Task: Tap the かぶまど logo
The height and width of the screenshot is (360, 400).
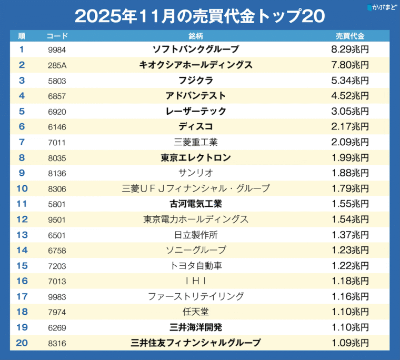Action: (382, 8)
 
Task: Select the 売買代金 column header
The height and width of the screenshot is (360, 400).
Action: (350, 36)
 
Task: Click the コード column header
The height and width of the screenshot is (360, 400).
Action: (56, 36)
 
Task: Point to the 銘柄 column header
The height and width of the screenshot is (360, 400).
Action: (196, 36)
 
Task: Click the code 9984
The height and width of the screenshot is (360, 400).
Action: (56, 50)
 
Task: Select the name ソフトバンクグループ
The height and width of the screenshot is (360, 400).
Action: (196, 50)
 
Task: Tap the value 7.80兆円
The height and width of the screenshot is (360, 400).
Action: (350, 65)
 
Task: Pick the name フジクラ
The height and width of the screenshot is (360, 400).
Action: (196, 81)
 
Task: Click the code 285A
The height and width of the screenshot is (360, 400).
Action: (56, 65)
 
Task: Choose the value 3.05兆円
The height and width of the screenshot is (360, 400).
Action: (350, 111)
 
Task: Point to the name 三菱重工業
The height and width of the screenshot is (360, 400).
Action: (196, 142)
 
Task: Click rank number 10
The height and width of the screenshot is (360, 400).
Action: (22, 188)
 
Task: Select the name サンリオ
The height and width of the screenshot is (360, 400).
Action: (196, 173)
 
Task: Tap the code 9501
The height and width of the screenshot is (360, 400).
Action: (56, 219)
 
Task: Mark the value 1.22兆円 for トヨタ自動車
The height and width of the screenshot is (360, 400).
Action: (350, 265)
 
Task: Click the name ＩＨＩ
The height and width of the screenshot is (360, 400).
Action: (196, 281)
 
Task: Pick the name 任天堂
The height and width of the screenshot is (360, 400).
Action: (196, 312)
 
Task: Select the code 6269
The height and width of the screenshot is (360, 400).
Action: (56, 327)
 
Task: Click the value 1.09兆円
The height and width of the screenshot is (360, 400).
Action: (350, 343)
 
